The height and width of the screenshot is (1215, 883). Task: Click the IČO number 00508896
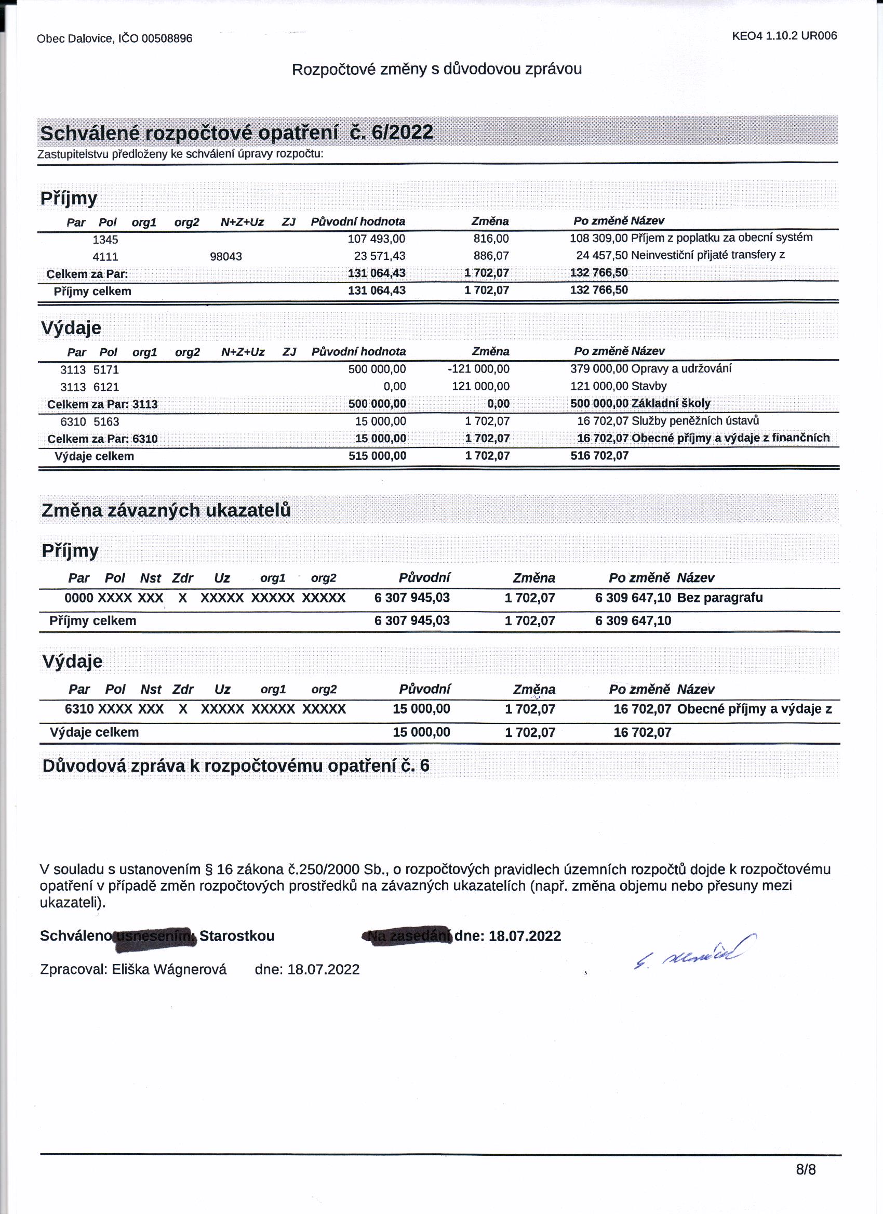(x=167, y=38)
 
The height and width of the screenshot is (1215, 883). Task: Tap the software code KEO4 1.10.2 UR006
(x=784, y=36)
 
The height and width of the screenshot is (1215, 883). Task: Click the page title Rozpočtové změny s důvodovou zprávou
(x=436, y=69)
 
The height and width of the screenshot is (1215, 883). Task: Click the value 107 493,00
(x=377, y=239)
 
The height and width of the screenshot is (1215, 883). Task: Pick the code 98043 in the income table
(x=225, y=257)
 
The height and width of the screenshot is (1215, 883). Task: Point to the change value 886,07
(x=491, y=256)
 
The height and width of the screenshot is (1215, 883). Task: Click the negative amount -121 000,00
(x=478, y=369)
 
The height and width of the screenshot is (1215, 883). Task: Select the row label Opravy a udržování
(x=681, y=368)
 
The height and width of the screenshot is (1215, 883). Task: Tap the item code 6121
(x=106, y=387)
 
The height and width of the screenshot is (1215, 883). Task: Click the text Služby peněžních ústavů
(x=695, y=421)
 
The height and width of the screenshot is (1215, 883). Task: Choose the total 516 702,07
(x=599, y=456)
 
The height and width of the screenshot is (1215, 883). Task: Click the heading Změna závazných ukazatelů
(x=166, y=510)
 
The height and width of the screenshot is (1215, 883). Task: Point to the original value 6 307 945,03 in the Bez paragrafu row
(x=412, y=598)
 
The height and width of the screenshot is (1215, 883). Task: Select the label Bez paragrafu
(x=720, y=598)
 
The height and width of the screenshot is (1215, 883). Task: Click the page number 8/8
(x=806, y=1169)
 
